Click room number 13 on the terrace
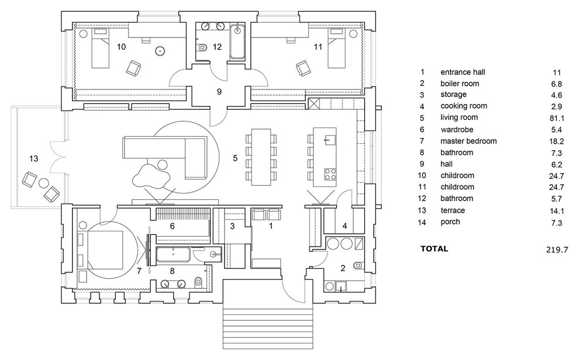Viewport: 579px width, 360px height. click(34, 158)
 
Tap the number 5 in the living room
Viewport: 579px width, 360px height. click(235, 158)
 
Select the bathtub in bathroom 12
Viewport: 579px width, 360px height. click(237, 41)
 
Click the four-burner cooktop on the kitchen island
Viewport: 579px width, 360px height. click(330, 173)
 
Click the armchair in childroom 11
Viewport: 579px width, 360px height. click(304, 68)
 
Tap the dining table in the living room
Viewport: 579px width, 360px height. click(262, 157)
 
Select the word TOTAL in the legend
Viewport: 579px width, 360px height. click(434, 248)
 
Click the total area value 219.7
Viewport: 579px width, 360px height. click(556, 249)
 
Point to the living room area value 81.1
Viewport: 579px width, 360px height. click(556, 117)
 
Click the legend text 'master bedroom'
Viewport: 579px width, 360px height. click(468, 141)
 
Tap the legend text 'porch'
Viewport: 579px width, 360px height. click(450, 221)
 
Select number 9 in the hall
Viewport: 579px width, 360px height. click(219, 91)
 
